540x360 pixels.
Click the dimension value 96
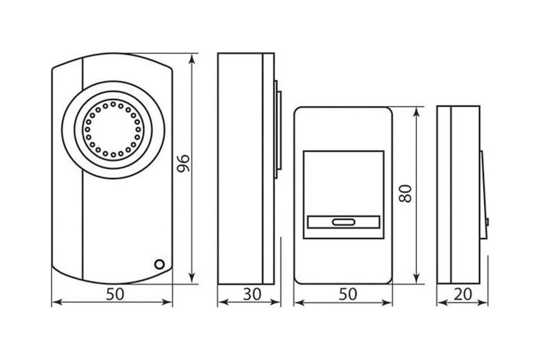point(183,163)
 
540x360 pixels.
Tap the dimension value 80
point(405,193)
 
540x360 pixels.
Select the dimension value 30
point(252,294)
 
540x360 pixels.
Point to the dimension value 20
point(463,294)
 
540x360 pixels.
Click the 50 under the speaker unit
point(115,294)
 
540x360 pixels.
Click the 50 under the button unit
point(348,294)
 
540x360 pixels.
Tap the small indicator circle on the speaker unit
point(159,265)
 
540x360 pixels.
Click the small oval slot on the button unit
point(343,222)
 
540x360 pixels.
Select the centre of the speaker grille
point(113,130)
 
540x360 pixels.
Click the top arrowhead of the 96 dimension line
point(192,58)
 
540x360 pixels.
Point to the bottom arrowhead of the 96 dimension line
point(192,278)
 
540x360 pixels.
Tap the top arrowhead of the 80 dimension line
point(417,112)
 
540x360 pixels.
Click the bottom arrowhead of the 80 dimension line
point(417,278)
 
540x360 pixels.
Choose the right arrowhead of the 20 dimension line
point(482,303)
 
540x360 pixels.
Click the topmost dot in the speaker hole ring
point(113,104)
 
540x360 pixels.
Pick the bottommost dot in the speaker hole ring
point(113,155)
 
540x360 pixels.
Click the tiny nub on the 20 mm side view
point(487,222)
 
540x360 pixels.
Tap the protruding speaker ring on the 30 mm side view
point(278,130)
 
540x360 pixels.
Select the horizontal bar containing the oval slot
point(343,222)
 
